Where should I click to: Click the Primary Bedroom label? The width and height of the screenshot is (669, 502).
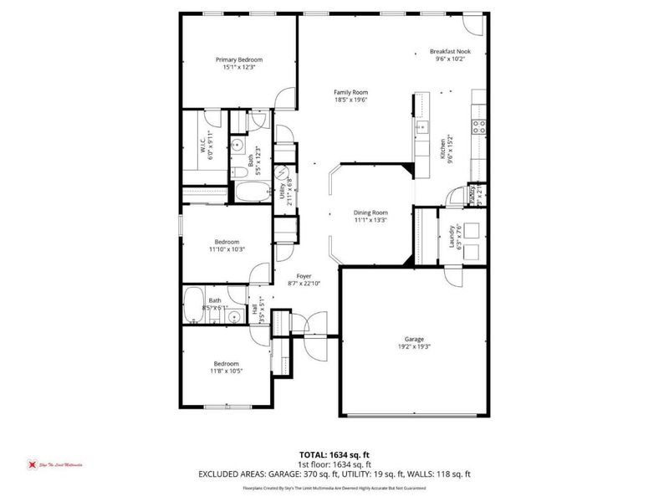pyautogui.click(x=239, y=59)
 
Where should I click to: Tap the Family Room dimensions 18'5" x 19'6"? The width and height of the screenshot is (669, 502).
pyautogui.click(x=351, y=100)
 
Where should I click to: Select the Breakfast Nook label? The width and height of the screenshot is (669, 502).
pyautogui.click(x=450, y=51)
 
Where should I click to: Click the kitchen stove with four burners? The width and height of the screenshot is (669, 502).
pyautogui.click(x=480, y=127)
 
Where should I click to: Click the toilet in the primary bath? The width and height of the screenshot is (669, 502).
pyautogui.click(x=238, y=145)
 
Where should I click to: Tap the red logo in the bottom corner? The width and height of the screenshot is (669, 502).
pyautogui.click(x=32, y=464)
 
